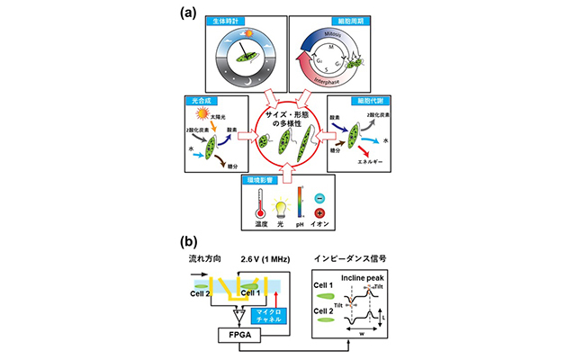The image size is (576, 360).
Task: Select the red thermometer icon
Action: [263, 209]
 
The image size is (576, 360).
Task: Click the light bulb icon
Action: [286, 206]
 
